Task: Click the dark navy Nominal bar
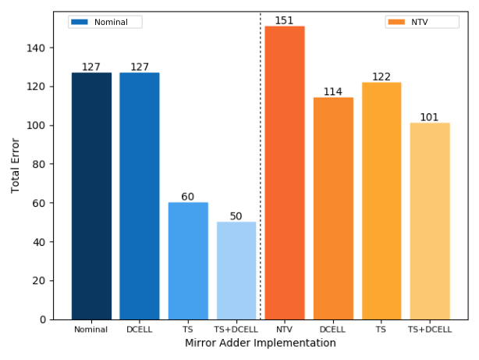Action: [91, 196]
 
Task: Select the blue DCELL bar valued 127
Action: [140, 196]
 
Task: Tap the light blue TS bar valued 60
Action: [188, 261]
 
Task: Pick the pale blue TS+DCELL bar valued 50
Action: [236, 270]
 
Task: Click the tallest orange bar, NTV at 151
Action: [285, 173]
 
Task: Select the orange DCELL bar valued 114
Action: [333, 209]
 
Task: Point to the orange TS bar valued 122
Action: [381, 201]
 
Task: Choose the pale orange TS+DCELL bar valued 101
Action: [430, 221]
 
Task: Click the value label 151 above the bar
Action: [285, 20]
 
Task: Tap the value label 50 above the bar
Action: [236, 216]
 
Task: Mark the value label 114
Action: [333, 92]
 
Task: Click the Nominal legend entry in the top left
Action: [105, 22]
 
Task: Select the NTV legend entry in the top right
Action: [421, 22]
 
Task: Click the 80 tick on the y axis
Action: [41, 165]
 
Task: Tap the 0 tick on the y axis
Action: [44, 319]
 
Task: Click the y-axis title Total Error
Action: [16, 166]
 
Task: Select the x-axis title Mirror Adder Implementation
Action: [260, 343]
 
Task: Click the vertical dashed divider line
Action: [261, 156]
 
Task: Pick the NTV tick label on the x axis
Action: [285, 330]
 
